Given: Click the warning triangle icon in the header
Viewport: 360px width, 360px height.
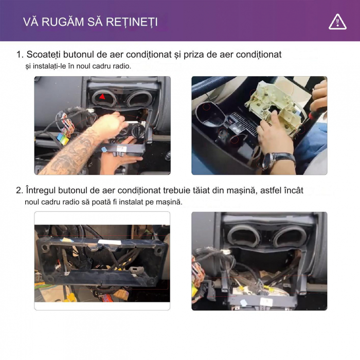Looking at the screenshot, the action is [337, 22].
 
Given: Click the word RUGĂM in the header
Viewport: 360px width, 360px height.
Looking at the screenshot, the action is [63, 22].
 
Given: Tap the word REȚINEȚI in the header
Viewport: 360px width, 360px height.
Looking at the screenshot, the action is [132, 23].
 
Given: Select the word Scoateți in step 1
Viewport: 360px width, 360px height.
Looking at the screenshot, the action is [43, 55].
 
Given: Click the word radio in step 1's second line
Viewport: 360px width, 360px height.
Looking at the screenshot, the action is [122, 66].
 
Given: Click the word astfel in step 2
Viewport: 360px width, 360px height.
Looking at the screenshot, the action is [271, 191].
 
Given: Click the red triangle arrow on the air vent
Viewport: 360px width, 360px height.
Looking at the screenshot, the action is [102, 97].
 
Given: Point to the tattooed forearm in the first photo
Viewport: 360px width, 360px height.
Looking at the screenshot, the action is [71, 149].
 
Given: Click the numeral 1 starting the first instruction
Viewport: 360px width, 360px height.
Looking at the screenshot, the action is [19, 55].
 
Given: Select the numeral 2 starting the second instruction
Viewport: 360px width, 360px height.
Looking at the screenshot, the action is [19, 191].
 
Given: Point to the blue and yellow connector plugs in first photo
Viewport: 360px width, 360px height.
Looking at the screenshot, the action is [63, 138].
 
